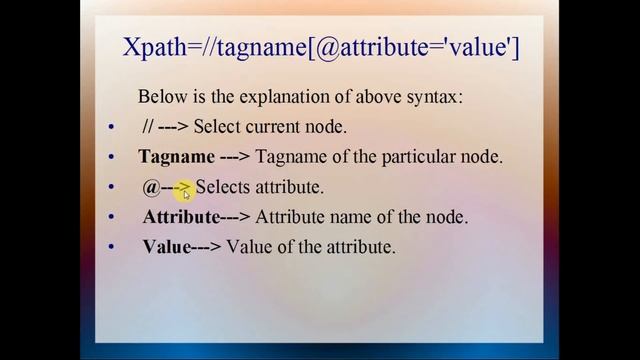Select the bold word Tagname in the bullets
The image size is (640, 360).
point(177,157)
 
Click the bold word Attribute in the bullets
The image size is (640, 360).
point(181,217)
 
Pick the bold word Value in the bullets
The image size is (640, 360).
point(166,246)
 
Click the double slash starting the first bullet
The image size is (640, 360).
point(148,128)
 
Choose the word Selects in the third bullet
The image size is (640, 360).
point(223,187)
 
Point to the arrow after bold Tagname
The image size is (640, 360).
point(234,158)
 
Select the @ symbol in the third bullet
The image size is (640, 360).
point(151,187)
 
